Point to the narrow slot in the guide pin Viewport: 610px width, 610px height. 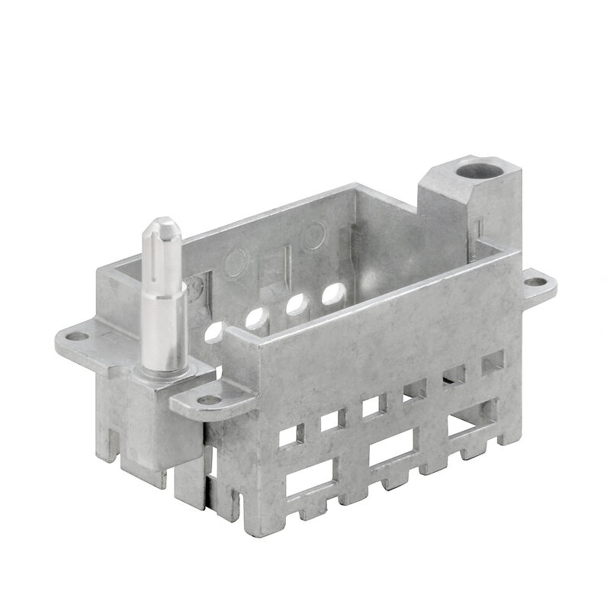[x=159, y=263]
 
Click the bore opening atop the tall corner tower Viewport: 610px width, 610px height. [x=477, y=167]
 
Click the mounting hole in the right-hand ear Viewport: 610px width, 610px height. [x=537, y=281]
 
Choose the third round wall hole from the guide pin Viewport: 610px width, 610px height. [x=295, y=303]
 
